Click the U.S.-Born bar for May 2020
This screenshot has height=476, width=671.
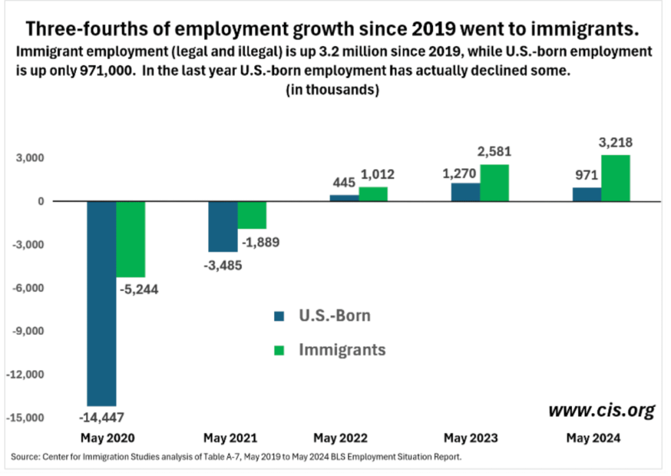[x=102, y=303]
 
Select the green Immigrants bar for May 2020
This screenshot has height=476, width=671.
[x=131, y=239]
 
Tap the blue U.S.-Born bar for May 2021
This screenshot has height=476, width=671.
[x=223, y=226]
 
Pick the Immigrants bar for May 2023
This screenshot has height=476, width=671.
[x=494, y=183]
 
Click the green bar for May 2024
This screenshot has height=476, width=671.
[x=615, y=178]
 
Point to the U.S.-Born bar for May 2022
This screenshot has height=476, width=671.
[x=344, y=198]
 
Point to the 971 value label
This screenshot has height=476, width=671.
[x=586, y=176]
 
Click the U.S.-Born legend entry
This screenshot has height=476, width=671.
[x=321, y=316]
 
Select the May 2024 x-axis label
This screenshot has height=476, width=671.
[x=594, y=437]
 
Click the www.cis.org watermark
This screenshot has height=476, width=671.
[x=601, y=411]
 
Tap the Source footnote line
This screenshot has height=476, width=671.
[x=236, y=456]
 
